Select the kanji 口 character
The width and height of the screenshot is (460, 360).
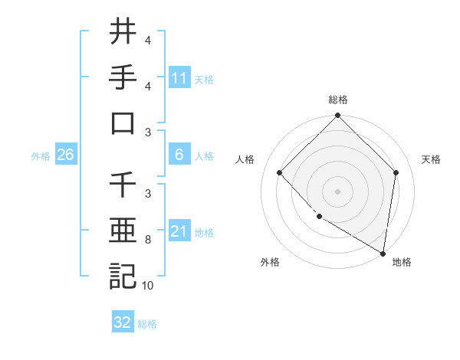123,123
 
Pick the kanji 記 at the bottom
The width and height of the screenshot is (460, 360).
123,277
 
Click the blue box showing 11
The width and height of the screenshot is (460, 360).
179,78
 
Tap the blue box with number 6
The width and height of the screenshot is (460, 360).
179,155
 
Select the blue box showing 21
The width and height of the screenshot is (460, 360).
179,231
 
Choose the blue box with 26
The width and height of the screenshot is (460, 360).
65,155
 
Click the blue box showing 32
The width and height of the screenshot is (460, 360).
123,322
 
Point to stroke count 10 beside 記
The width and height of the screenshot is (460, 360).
148,286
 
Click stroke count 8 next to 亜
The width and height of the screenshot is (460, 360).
148,240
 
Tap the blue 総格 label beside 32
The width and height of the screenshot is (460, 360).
148,324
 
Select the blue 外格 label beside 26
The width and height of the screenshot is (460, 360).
41,156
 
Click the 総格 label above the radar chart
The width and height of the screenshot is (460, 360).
337,100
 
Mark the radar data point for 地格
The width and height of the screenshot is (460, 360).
383,253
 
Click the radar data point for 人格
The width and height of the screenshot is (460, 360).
280,173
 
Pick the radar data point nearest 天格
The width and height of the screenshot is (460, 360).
396,173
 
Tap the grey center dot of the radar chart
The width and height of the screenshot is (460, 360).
337,191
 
